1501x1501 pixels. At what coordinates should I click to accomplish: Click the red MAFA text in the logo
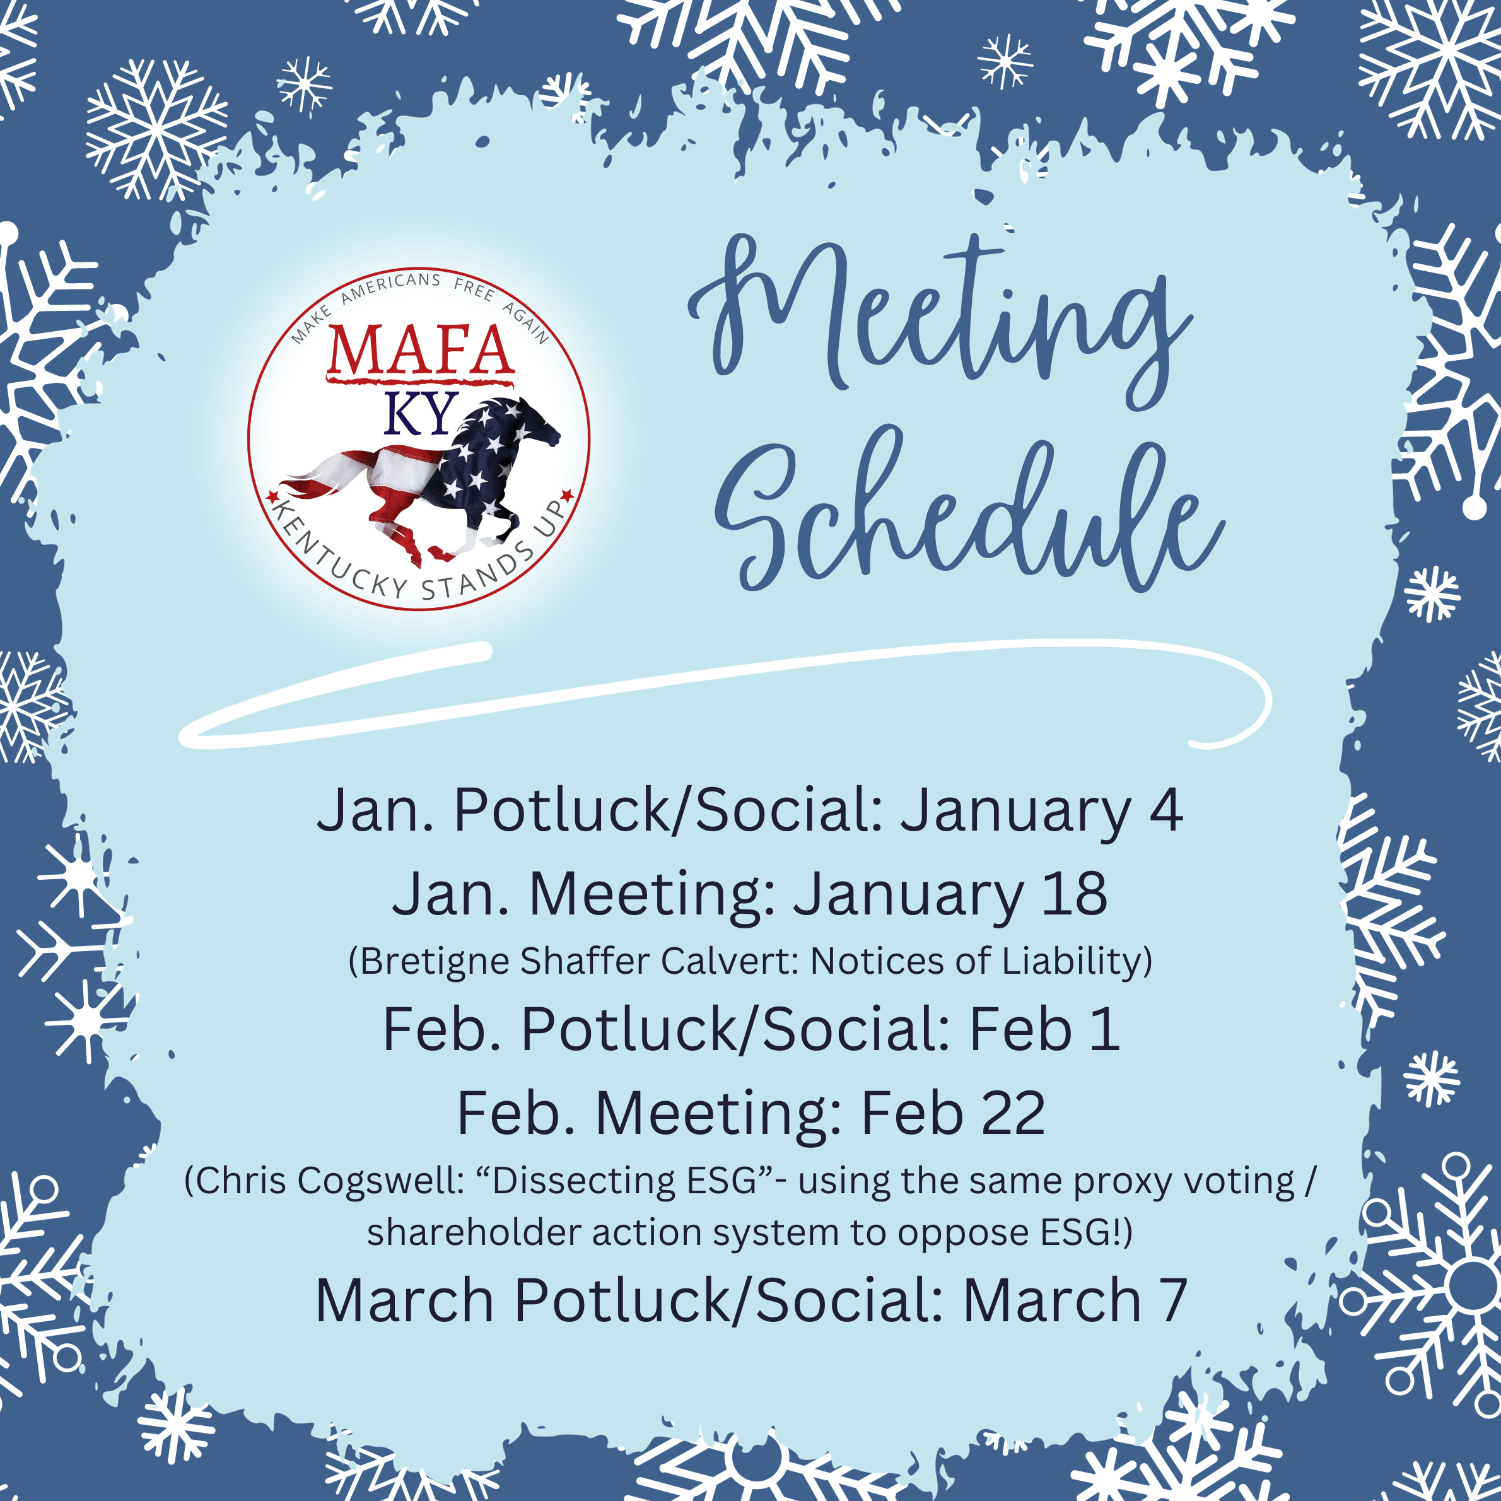[x=419, y=351]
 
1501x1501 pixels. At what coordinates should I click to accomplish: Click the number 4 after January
[x=1165, y=810]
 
